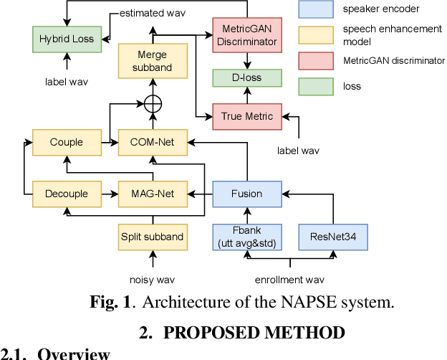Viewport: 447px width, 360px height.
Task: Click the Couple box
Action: pyautogui.click(x=66, y=142)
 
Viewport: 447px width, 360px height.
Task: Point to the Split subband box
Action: pyautogui.click(x=151, y=236)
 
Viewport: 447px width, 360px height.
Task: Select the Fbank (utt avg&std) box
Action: pyautogui.click(x=246, y=236)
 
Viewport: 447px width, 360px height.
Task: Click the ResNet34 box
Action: pyautogui.click(x=332, y=236)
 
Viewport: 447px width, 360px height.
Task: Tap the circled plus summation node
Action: pyautogui.click(x=153, y=105)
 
